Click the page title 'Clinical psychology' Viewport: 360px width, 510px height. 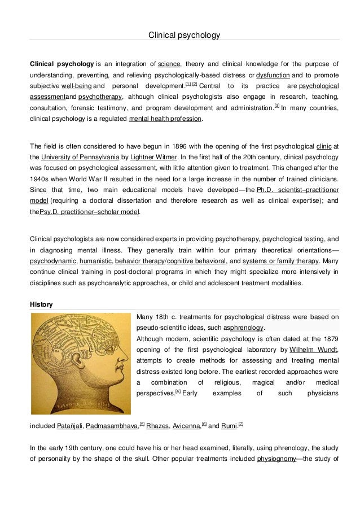184,35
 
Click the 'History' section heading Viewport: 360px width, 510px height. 41,304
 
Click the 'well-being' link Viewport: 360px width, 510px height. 76,86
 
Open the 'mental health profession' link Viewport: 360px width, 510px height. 164,119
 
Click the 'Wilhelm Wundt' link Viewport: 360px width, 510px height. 314,350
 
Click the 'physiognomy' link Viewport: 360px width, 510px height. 276,458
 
